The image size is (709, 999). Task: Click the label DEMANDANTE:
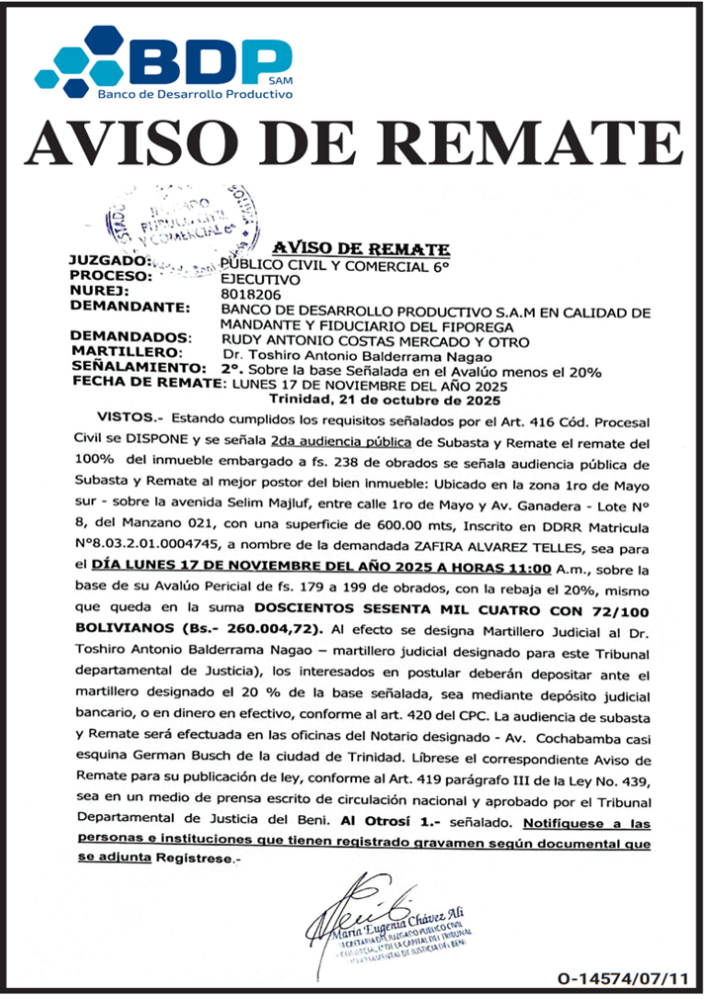click(x=130, y=309)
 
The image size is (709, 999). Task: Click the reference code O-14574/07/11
click(x=622, y=978)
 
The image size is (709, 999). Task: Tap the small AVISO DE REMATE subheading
click(x=361, y=249)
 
